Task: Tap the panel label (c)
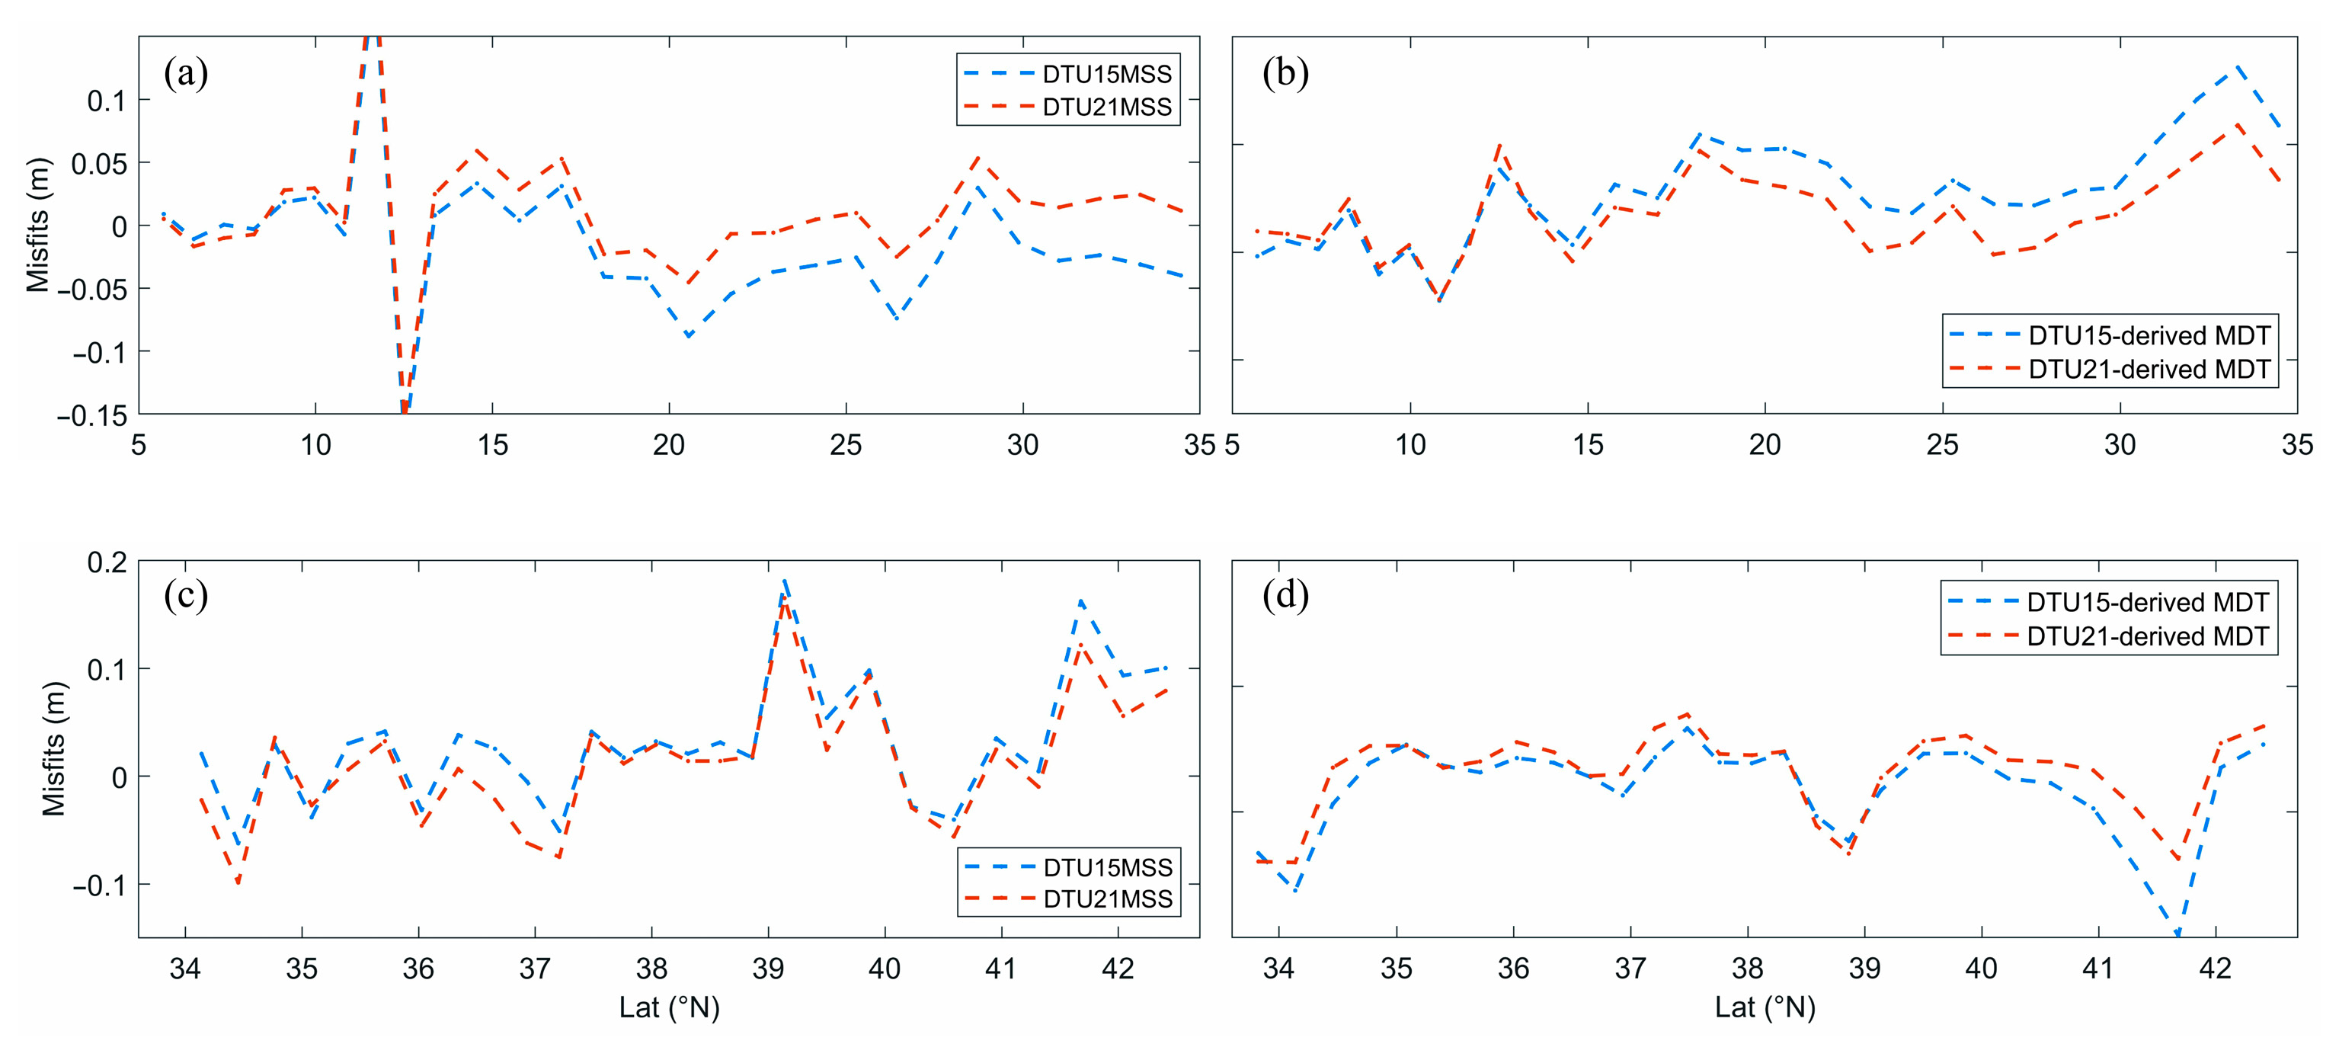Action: point(186,596)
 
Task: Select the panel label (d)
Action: point(1286,596)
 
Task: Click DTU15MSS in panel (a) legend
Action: point(1107,74)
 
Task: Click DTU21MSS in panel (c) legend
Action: point(1108,898)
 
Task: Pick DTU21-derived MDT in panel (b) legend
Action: point(2149,370)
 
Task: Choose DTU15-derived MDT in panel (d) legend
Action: point(2148,602)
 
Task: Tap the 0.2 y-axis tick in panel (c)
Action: point(106,562)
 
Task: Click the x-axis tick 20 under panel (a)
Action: point(669,445)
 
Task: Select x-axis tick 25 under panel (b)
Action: point(1942,445)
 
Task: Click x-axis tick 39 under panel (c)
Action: point(768,969)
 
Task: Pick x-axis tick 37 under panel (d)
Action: point(1630,969)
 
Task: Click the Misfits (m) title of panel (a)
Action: point(37,226)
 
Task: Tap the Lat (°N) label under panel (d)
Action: point(1765,1007)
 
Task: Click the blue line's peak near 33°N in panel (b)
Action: point(2238,66)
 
